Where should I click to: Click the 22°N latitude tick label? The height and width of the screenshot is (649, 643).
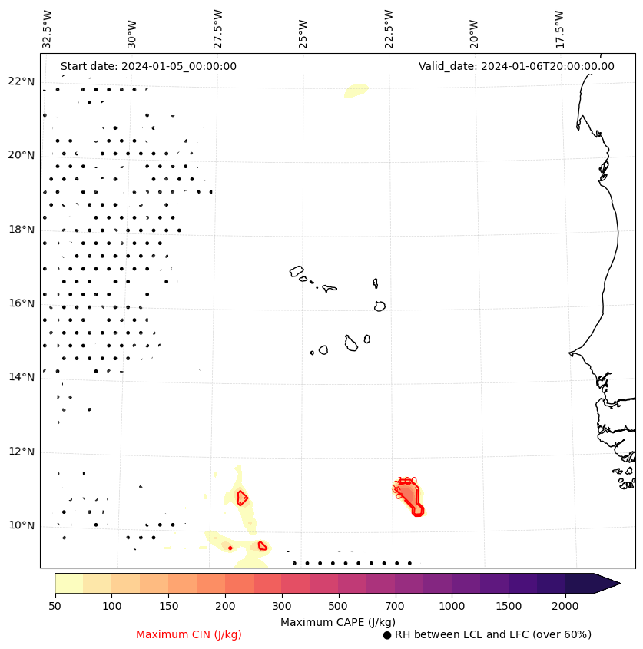(x=21, y=81)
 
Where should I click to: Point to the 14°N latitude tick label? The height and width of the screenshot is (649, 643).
(x=21, y=377)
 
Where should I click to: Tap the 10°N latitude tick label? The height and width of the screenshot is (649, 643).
(x=21, y=525)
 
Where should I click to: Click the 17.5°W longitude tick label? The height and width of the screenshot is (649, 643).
(x=559, y=28)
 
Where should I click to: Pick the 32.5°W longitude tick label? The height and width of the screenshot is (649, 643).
(x=48, y=28)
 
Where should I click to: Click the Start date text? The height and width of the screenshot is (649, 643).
(x=148, y=66)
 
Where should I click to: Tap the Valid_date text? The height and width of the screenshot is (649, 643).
(x=516, y=66)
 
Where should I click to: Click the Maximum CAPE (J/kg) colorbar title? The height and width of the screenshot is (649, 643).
(x=337, y=621)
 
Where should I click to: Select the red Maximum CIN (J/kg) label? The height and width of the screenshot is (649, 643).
(x=189, y=634)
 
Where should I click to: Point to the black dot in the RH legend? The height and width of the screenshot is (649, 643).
(x=387, y=635)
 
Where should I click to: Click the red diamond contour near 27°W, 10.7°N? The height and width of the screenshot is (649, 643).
(x=242, y=498)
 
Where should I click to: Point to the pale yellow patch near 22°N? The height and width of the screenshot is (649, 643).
(x=356, y=91)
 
